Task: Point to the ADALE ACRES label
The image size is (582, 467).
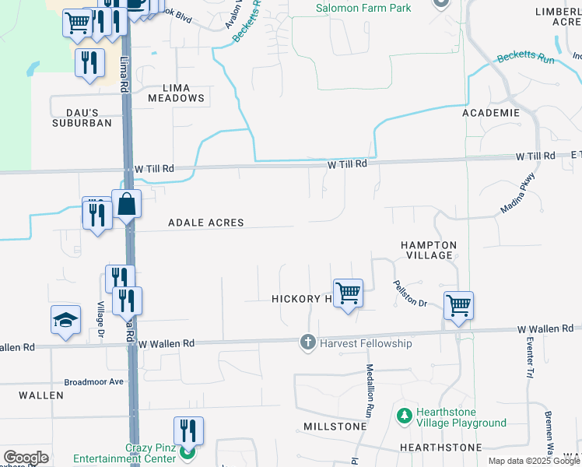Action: pyautogui.click(x=206, y=223)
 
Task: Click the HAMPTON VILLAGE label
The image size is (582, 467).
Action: pyautogui.click(x=428, y=250)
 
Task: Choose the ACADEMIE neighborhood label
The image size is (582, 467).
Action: pyautogui.click(x=490, y=114)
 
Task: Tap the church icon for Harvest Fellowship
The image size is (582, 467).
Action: pyautogui.click(x=308, y=342)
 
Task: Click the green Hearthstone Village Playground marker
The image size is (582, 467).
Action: pyautogui.click(x=404, y=416)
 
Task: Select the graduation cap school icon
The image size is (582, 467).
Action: pyautogui.click(x=66, y=319)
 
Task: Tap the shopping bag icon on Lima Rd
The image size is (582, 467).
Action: pyautogui.click(x=127, y=205)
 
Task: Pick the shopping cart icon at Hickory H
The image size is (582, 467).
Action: pyautogui.click(x=348, y=293)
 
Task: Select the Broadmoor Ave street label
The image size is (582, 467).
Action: pyautogui.click(x=94, y=382)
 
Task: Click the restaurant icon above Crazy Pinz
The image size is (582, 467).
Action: pyautogui.click(x=188, y=430)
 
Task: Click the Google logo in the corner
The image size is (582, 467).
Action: pyautogui.click(x=26, y=458)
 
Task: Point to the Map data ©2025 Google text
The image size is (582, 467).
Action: pyautogui.click(x=534, y=461)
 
